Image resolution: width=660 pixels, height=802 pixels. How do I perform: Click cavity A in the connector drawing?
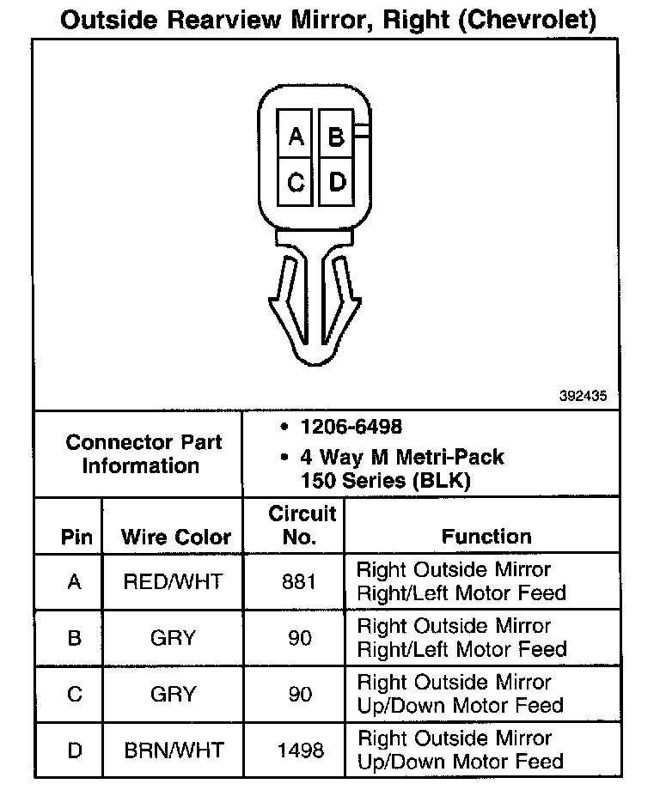[296, 137]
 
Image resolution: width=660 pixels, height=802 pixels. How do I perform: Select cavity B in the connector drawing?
[337, 137]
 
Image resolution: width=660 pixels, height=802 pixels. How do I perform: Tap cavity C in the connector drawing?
[296, 182]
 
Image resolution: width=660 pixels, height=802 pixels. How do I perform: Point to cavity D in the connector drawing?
[337, 182]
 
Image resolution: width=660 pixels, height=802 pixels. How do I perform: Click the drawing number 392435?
[583, 397]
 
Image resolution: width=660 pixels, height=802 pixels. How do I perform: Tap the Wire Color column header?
[176, 538]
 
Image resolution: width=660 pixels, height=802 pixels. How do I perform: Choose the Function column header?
[486, 537]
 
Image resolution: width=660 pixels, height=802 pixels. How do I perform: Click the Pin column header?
[76, 538]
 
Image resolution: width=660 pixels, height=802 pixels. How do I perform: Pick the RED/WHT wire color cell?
[173, 581]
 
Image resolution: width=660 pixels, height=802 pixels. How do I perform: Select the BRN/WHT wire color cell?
[173, 750]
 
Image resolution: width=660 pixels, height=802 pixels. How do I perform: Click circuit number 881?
[299, 581]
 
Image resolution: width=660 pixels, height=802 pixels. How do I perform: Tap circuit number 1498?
[300, 750]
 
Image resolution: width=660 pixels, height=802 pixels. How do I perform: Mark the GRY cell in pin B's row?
[173, 638]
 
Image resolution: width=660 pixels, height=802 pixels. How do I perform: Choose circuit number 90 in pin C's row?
[300, 694]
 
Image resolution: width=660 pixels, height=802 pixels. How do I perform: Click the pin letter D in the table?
[75, 750]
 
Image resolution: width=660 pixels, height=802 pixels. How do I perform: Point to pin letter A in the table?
[75, 581]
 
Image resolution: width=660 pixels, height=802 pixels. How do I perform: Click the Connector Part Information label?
[144, 454]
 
